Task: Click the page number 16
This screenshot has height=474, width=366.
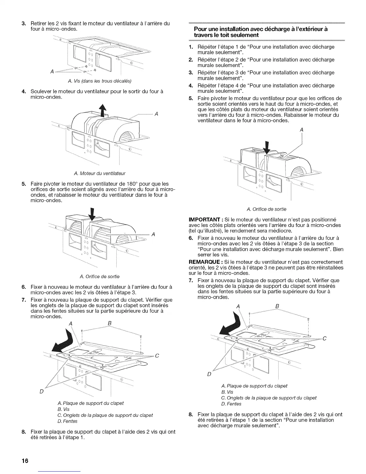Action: pyautogui.click(x=25, y=461)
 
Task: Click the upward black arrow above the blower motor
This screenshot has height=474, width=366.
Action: pyautogui.click(x=103, y=110)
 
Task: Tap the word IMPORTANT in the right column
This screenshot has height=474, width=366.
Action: pyautogui.click(x=205, y=219)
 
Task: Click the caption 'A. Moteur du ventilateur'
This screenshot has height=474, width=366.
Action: pyautogui.click(x=100, y=173)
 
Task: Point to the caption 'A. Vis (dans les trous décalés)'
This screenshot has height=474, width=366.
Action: pyautogui.click(x=100, y=81)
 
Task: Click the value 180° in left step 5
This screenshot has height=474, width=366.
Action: pyautogui.click(x=132, y=184)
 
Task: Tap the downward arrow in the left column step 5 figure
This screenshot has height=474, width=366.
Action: pyautogui.click(x=92, y=214)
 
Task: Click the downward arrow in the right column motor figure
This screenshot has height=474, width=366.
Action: pyautogui.click(x=267, y=148)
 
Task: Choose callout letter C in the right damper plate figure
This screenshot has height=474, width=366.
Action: pyautogui.click(x=324, y=338)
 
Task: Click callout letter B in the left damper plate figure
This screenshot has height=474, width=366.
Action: pyautogui.click(x=110, y=323)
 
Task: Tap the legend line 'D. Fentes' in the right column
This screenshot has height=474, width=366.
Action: pyautogui.click(x=231, y=404)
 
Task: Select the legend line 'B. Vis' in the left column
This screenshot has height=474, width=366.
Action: pyautogui.click(x=63, y=409)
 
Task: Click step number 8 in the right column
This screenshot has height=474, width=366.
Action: pyautogui.click(x=191, y=414)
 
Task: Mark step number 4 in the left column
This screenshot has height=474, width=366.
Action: pyautogui.click(x=24, y=91)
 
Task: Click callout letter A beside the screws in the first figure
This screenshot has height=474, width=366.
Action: pyautogui.click(x=52, y=71)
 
